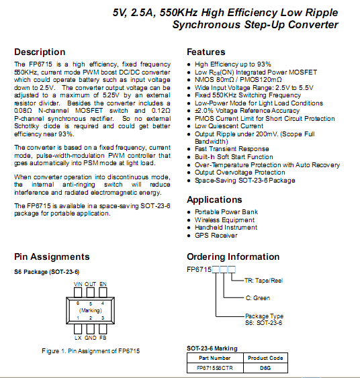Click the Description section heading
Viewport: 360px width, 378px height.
click(40, 52)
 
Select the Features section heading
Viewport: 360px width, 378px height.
click(206, 52)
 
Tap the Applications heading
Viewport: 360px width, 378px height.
click(214, 200)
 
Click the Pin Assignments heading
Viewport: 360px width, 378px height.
click(52, 256)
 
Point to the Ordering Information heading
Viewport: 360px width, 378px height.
click(233, 256)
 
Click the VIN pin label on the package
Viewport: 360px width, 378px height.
click(78, 284)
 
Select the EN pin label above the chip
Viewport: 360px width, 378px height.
click(103, 284)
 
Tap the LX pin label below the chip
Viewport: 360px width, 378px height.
click(78, 338)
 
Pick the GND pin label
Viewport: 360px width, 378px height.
click(91, 338)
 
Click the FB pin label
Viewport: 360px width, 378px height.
click(103, 338)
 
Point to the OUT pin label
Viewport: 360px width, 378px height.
click(90, 284)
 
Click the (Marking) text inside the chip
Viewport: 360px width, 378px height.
click(91, 310)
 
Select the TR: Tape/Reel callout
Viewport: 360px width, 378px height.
click(263, 281)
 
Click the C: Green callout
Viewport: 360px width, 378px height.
click(258, 298)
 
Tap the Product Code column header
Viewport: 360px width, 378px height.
click(265, 358)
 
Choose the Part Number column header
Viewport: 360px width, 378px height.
click(215, 358)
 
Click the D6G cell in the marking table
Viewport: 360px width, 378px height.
click(265, 368)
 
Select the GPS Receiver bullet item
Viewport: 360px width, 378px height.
click(216, 236)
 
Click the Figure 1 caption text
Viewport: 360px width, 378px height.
click(91, 351)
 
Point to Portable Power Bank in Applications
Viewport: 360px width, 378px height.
click(226, 212)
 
